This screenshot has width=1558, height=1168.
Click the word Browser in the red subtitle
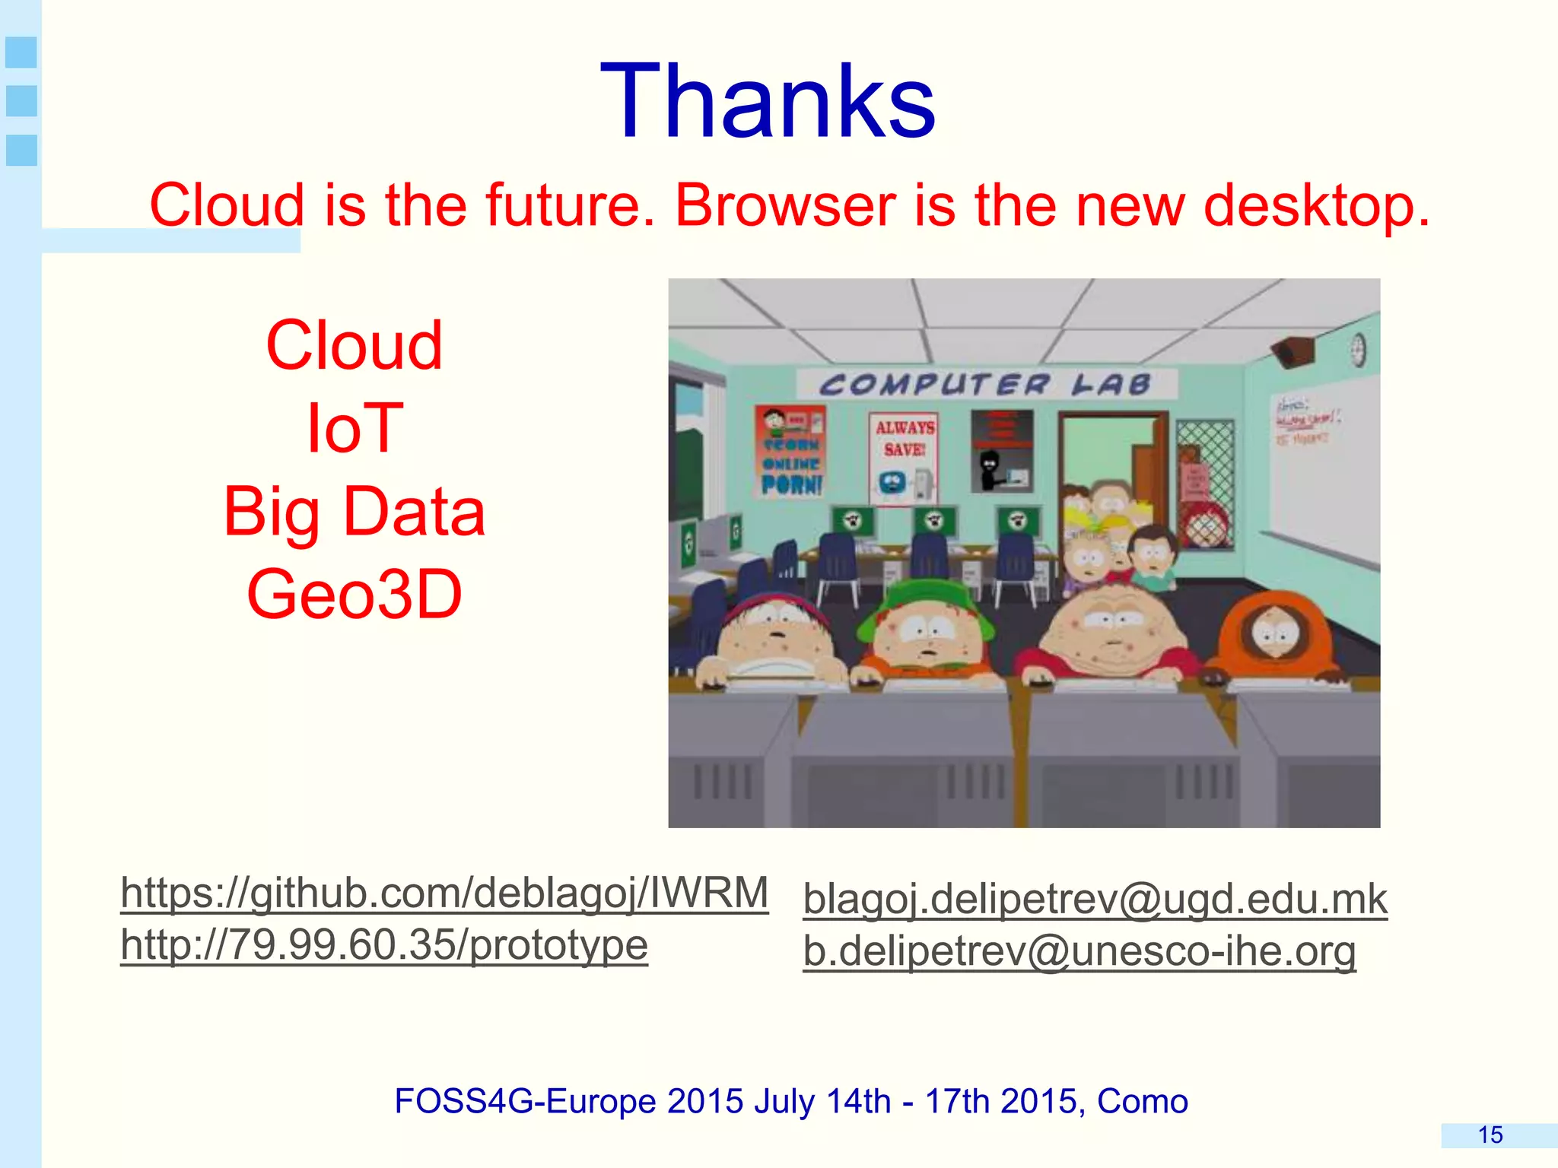pos(785,205)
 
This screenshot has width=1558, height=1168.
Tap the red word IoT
pos(354,428)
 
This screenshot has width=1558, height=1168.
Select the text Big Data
pos(354,512)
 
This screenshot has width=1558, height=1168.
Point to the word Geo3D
pos(354,594)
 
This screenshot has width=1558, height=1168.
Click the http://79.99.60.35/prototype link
pos(384,945)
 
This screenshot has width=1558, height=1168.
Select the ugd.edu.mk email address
pos(1095,899)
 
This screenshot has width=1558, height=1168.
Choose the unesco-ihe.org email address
pos(1079,951)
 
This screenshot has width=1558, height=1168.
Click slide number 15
pos(1490,1135)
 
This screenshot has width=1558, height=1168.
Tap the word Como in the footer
pos(1142,1101)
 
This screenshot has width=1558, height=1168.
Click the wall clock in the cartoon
pos(1359,351)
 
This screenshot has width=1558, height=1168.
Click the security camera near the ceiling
pos(1294,351)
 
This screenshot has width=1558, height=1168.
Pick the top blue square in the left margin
pos(21,52)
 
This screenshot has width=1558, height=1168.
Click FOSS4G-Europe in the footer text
pos(525,1101)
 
